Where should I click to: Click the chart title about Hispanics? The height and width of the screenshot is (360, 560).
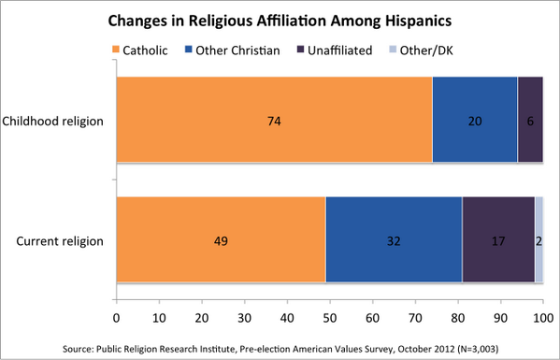(280, 19)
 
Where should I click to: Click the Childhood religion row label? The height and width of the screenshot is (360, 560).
(53, 122)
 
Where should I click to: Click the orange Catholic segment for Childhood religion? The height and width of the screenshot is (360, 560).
(274, 122)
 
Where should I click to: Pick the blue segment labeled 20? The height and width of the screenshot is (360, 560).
(475, 122)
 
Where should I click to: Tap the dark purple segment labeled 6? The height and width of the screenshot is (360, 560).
(530, 122)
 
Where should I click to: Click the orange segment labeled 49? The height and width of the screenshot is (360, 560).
(221, 241)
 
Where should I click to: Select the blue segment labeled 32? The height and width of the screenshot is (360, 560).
(394, 241)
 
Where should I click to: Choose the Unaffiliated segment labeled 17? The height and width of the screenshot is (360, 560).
(498, 241)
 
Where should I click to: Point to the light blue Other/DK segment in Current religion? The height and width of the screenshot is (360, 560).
(539, 241)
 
